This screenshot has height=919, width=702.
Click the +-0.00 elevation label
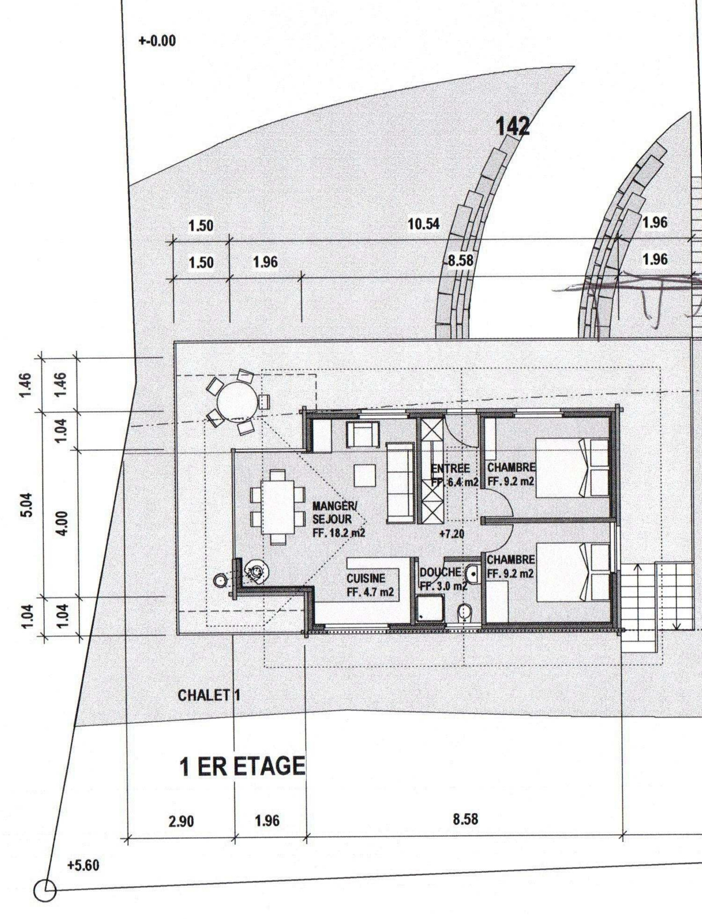(x=157, y=41)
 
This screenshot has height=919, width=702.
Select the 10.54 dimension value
(x=424, y=224)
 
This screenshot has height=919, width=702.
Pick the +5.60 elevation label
(x=84, y=863)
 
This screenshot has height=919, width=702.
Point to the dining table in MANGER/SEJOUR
(x=277, y=507)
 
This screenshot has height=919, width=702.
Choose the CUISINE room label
(x=366, y=579)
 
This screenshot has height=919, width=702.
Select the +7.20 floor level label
(x=452, y=534)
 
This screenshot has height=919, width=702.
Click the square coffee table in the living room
(x=364, y=475)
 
